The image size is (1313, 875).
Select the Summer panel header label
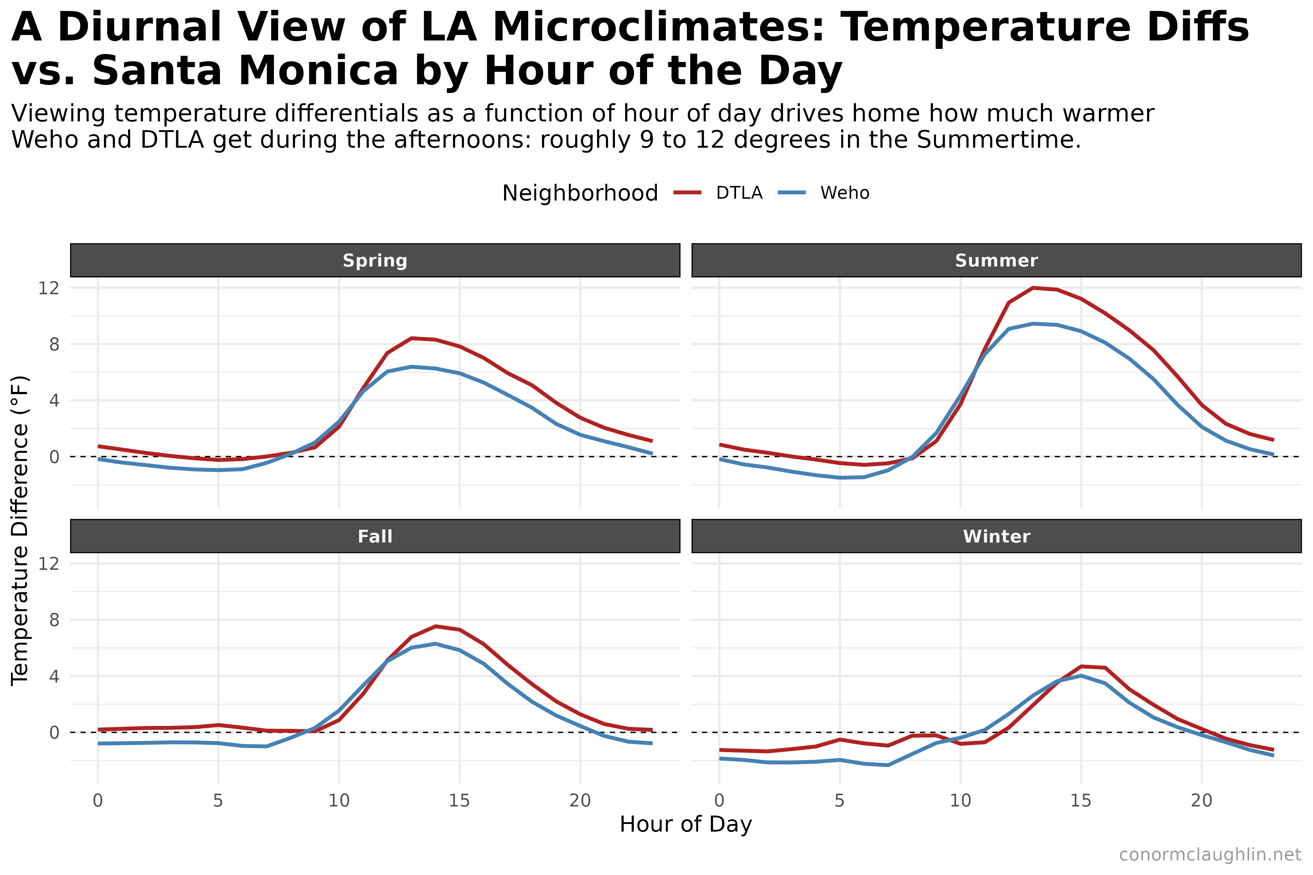coord(996,261)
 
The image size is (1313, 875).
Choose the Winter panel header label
coord(996,536)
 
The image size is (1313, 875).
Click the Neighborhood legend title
coord(580,193)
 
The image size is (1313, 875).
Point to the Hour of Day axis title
coord(686,824)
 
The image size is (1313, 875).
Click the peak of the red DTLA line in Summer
coord(1033,288)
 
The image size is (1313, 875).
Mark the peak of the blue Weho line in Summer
coord(1033,324)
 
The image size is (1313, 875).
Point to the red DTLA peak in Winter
coord(1081,666)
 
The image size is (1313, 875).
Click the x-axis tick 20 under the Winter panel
coord(1201,801)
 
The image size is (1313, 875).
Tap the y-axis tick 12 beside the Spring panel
coord(49,288)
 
